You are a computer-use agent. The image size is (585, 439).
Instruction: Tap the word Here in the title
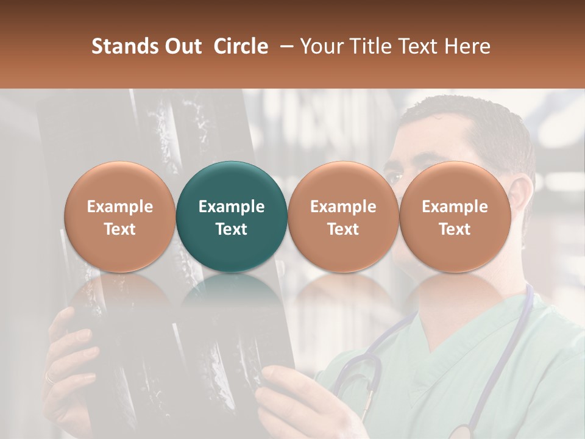467,46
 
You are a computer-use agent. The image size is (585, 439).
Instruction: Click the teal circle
232,183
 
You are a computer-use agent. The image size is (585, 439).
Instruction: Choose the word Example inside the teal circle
232,207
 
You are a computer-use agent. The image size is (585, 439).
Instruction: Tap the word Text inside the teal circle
232,229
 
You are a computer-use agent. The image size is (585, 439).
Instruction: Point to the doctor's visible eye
396,177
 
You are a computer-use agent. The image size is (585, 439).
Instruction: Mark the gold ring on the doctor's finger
49,378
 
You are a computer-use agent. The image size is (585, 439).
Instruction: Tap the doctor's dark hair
475,122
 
